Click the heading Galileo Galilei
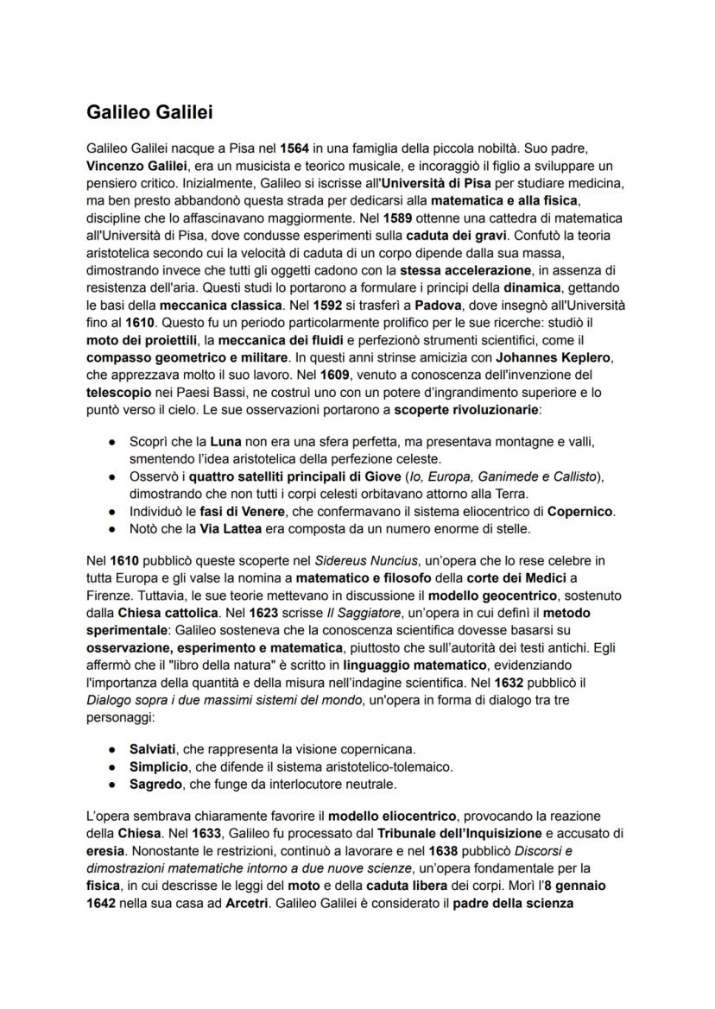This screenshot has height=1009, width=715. (x=149, y=112)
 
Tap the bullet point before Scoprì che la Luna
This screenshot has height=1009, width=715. (x=112, y=442)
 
